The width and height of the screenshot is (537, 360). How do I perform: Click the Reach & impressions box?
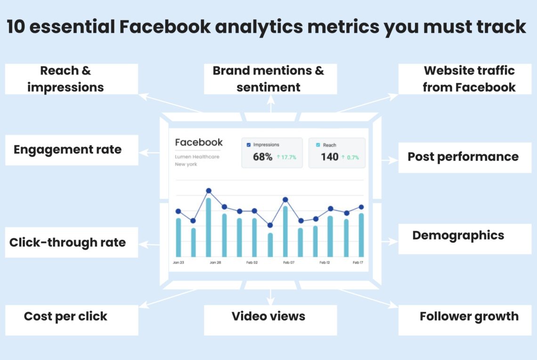tap(72, 79)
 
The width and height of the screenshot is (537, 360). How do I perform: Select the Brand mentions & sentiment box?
tap(270, 79)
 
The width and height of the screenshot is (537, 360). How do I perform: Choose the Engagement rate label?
tap(68, 150)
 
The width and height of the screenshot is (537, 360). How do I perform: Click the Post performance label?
tap(463, 157)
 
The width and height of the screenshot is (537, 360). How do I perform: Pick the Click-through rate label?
tap(68, 243)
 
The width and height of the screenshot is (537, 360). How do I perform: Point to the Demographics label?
tap(458, 236)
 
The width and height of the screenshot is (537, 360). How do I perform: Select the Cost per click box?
tap(72, 317)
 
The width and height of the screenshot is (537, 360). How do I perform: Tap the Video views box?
tap(270, 317)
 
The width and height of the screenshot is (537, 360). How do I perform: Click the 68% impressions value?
tap(262, 157)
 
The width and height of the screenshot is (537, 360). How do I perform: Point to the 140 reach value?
tap(330, 157)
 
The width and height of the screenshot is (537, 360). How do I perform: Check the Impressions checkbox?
tap(249, 145)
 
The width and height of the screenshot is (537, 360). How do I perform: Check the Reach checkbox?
tap(318, 145)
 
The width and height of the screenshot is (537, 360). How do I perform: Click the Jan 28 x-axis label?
tap(215, 262)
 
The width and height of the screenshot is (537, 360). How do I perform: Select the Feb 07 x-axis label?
tap(289, 262)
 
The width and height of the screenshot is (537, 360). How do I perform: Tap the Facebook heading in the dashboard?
tap(199, 142)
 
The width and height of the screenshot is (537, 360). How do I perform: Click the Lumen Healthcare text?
tap(197, 157)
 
